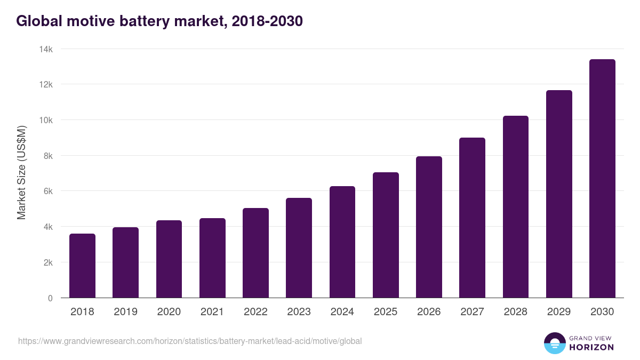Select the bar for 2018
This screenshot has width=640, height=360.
coord(82,266)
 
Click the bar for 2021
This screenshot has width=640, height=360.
coord(212,258)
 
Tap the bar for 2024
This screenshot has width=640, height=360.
coord(342,242)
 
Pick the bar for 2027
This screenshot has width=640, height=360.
coord(473,218)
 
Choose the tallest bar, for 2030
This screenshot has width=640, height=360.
coord(602,179)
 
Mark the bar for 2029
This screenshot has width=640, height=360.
coord(559,194)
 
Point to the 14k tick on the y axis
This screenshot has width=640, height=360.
coord(46,49)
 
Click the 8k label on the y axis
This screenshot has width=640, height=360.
coord(47,156)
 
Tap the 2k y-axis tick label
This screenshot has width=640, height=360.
coord(47,262)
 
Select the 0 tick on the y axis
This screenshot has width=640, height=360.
coord(50,298)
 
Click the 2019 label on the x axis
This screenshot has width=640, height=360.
coord(125,312)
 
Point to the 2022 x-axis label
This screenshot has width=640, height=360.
coord(255,312)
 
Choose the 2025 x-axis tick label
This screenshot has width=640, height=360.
coord(386,312)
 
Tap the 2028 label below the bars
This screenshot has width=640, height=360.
coord(516,312)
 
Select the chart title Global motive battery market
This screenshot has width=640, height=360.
coord(159,21)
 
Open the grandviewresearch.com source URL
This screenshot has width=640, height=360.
coord(190,341)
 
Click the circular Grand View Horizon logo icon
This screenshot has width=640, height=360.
coord(554,343)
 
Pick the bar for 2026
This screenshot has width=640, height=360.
coord(429,227)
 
